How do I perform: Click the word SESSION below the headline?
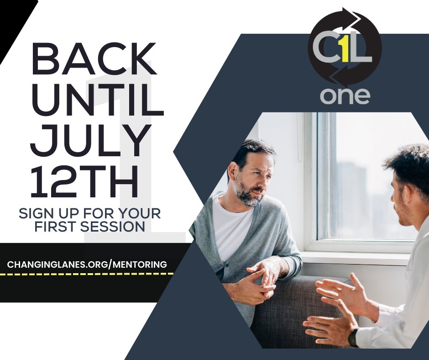tap(114, 227)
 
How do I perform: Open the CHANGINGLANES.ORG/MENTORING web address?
tap(87, 264)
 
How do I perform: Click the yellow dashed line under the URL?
tap(87, 274)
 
